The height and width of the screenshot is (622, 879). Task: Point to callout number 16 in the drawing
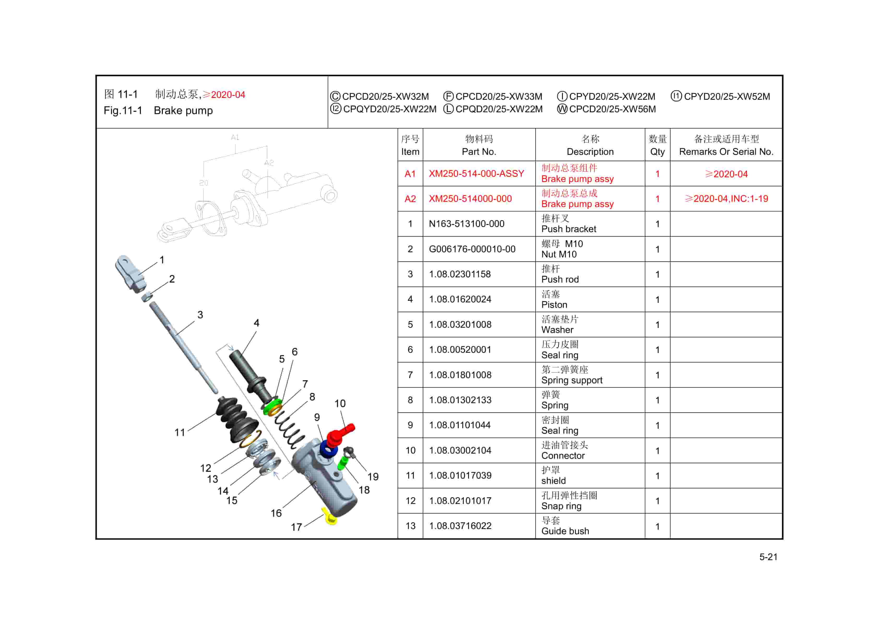tap(276, 513)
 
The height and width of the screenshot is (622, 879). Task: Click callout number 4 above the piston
tap(257, 323)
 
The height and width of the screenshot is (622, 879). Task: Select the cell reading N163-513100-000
tap(466, 224)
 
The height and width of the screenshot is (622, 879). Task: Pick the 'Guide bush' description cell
tap(565, 531)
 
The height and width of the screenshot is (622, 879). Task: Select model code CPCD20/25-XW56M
tap(612, 109)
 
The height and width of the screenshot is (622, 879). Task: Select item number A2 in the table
tap(410, 199)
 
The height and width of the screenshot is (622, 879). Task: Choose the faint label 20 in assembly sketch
tap(204, 183)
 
